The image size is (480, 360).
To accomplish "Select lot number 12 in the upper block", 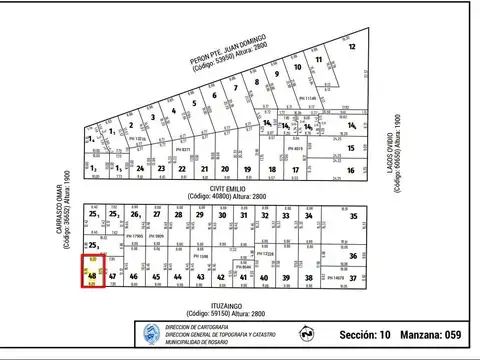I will click(352, 47).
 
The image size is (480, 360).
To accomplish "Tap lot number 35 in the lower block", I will click(353, 216).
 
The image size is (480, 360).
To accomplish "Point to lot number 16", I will click(350, 170).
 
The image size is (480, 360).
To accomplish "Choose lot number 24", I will click(142, 170).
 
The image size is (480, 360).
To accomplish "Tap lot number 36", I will click(353, 256).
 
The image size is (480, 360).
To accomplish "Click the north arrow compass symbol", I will click(304, 332).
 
